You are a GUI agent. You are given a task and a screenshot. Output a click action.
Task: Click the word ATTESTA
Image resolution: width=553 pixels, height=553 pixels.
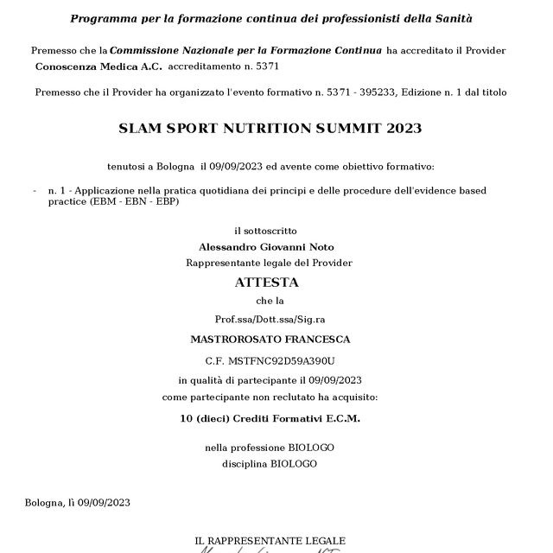click(266, 282)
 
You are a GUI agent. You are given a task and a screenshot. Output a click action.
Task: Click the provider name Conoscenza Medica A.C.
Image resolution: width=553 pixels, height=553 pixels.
click(86, 67)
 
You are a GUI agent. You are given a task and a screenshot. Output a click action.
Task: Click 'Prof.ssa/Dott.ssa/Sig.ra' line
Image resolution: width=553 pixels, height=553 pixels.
click(265, 319)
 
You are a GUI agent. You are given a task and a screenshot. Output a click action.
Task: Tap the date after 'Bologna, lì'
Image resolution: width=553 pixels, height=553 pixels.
click(105, 502)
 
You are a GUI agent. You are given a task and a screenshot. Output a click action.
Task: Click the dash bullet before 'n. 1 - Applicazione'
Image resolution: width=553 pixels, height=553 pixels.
click(34, 189)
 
